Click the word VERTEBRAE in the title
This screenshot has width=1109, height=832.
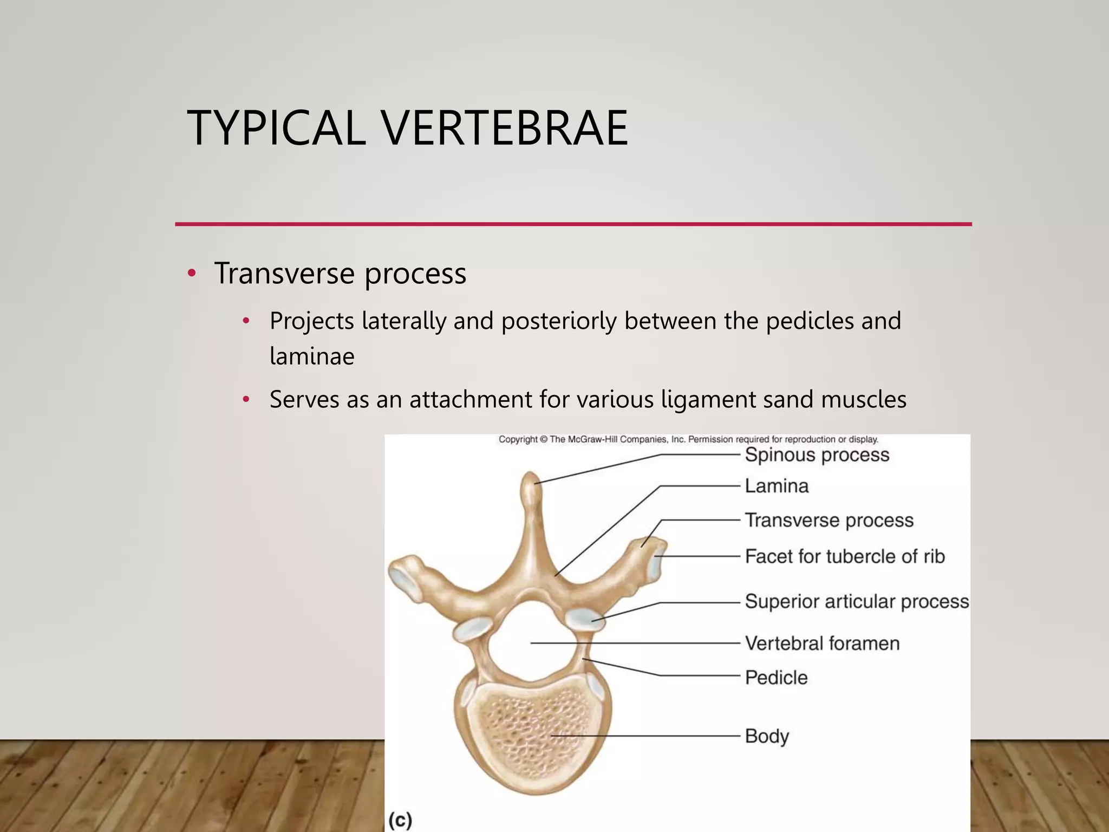pos(505,128)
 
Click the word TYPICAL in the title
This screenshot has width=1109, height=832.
pos(276,128)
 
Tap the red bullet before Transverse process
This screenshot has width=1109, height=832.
pos(191,273)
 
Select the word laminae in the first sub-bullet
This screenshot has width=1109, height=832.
pos(312,356)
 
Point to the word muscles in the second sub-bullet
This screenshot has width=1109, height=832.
pos(863,400)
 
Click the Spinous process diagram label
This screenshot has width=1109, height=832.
pos(817,455)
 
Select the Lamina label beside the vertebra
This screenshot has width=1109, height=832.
pos(777,486)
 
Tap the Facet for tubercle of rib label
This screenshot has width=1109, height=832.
pos(844,556)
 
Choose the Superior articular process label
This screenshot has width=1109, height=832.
pos(856,601)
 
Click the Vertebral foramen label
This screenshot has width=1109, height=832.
pos(822,643)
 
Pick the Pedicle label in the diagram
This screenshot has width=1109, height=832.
pos(776,678)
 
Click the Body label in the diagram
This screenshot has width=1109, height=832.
pos(767,736)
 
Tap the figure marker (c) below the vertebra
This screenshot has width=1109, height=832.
pos(401,820)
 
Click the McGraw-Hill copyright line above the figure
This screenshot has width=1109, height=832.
pos(688,439)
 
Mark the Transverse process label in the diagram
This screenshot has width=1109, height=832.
pos(829,521)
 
